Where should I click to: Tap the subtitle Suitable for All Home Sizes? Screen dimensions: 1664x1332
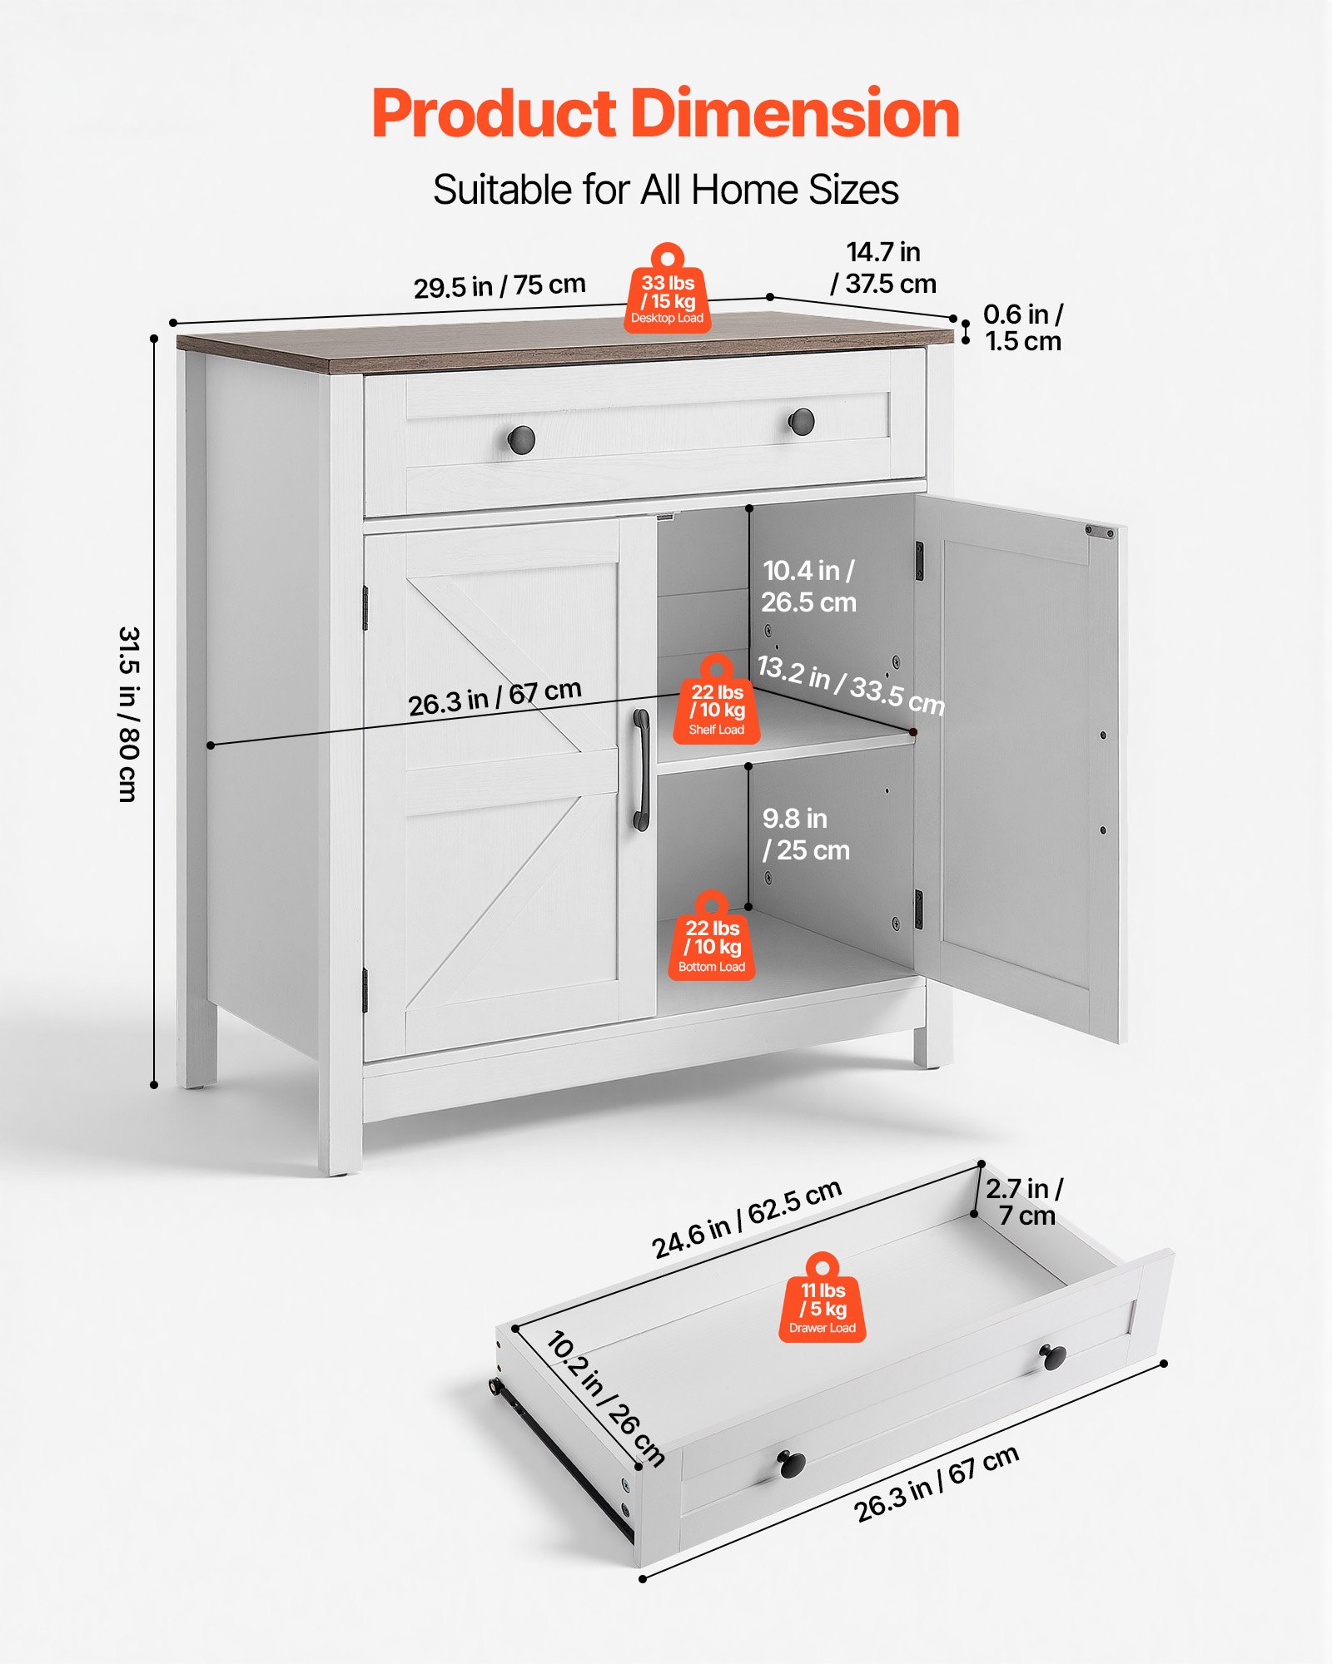665,190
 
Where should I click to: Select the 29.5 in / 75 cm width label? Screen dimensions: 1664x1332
499,285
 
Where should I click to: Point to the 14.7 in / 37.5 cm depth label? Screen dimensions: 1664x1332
883,268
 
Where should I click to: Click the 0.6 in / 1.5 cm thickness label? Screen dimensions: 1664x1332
1022,327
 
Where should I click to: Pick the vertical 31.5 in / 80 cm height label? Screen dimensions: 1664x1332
128,714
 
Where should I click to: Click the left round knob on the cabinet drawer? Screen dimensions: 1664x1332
521,438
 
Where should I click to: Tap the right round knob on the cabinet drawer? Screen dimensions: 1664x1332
801,422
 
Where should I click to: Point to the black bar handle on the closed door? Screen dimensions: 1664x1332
641,770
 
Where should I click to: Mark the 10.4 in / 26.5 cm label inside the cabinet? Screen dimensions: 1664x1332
808,587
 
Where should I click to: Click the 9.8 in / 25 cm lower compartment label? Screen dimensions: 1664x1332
805,834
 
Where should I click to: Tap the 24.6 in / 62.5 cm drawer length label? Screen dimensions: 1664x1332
746,1219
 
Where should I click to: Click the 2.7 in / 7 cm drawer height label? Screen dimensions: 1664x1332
1024,1201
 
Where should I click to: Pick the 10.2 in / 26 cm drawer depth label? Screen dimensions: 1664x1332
605,1399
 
